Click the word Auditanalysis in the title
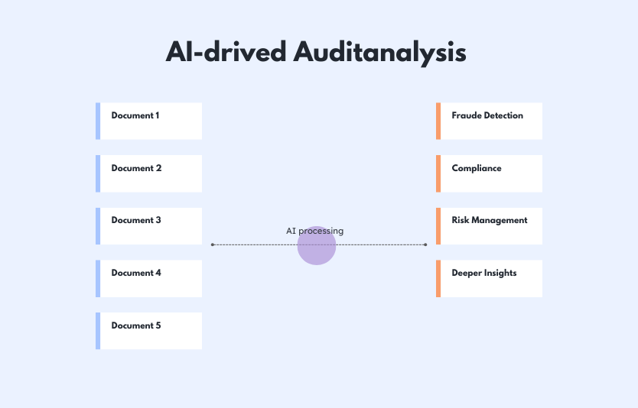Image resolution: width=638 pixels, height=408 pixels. [379, 53]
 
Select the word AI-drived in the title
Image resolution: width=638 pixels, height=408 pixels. [226, 52]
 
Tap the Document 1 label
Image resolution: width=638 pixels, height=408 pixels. [135, 115]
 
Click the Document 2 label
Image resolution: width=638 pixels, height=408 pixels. [136, 168]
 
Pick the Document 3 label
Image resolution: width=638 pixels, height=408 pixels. [136, 220]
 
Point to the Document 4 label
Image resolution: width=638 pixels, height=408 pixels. [136, 273]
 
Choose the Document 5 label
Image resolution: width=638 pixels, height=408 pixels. [136, 325]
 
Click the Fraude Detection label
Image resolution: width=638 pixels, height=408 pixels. [487, 115]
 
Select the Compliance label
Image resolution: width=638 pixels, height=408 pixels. [477, 168]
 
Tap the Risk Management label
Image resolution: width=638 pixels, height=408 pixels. [490, 220]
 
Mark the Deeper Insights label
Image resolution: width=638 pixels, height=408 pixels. [484, 273]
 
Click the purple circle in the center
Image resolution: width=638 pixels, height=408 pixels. [317, 245]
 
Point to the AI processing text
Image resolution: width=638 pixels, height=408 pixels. [315, 231]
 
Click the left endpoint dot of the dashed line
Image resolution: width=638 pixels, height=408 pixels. [213, 244]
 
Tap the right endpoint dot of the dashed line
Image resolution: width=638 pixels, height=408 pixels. [425, 244]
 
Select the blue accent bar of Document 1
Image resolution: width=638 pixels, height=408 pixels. [98, 121]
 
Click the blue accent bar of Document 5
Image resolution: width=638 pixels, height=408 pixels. [98, 331]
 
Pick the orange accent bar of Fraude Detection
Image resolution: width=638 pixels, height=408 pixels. [438, 121]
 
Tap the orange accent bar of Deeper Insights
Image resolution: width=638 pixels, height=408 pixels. [438, 278]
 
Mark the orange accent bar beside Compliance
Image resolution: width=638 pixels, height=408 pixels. [438, 173]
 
